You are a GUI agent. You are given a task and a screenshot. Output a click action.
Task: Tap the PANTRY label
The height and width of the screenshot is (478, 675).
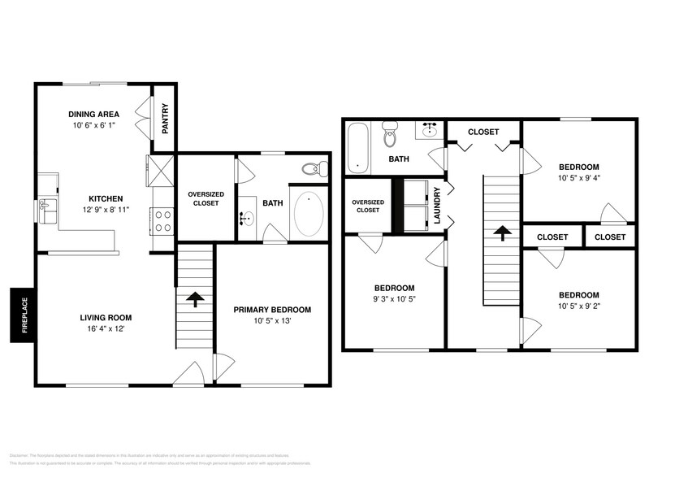pyautogui.click(x=165, y=117)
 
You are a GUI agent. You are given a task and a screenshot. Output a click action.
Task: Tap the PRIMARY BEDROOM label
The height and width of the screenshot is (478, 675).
pyautogui.click(x=272, y=310)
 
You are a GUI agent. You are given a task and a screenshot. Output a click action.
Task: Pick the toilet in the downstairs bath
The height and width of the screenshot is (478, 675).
pyautogui.click(x=312, y=170)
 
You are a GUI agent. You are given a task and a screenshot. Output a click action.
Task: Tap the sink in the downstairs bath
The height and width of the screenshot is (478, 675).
pyautogui.click(x=248, y=218)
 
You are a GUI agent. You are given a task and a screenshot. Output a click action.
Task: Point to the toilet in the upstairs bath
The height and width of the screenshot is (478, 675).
pyautogui.click(x=390, y=135)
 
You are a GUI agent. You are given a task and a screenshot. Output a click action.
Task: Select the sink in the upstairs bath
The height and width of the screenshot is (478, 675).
pyautogui.click(x=430, y=130)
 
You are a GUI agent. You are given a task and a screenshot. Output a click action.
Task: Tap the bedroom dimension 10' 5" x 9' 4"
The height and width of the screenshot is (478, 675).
pyautogui.click(x=578, y=178)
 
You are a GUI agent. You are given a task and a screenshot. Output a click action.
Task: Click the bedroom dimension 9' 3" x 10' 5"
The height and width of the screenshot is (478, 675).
pyautogui.click(x=394, y=300)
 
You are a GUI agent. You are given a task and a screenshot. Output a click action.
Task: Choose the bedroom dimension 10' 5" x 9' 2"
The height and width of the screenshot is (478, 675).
pyautogui.click(x=578, y=307)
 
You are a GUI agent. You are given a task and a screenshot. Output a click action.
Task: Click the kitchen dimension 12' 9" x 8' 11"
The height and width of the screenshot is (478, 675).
pyautogui.click(x=106, y=211)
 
